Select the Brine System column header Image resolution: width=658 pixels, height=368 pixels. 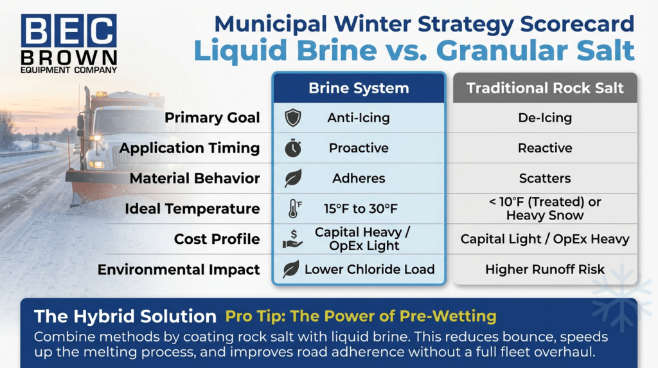click(x=359, y=88)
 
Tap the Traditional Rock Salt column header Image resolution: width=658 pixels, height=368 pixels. click(x=545, y=88)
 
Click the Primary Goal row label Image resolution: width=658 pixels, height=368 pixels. click(x=212, y=118)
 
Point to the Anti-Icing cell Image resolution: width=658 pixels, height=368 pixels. click(x=359, y=118)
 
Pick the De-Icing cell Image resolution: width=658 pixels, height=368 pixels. click(x=545, y=118)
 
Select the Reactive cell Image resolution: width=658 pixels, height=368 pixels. click(x=545, y=148)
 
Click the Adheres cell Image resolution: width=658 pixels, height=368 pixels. click(x=359, y=178)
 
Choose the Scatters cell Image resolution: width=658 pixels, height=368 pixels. click(x=545, y=178)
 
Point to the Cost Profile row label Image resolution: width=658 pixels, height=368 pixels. click(x=217, y=239)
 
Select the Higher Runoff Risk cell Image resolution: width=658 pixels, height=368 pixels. click(x=545, y=270)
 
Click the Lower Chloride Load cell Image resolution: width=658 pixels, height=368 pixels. click(x=369, y=270)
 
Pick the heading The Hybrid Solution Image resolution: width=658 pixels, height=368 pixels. click(x=125, y=316)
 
